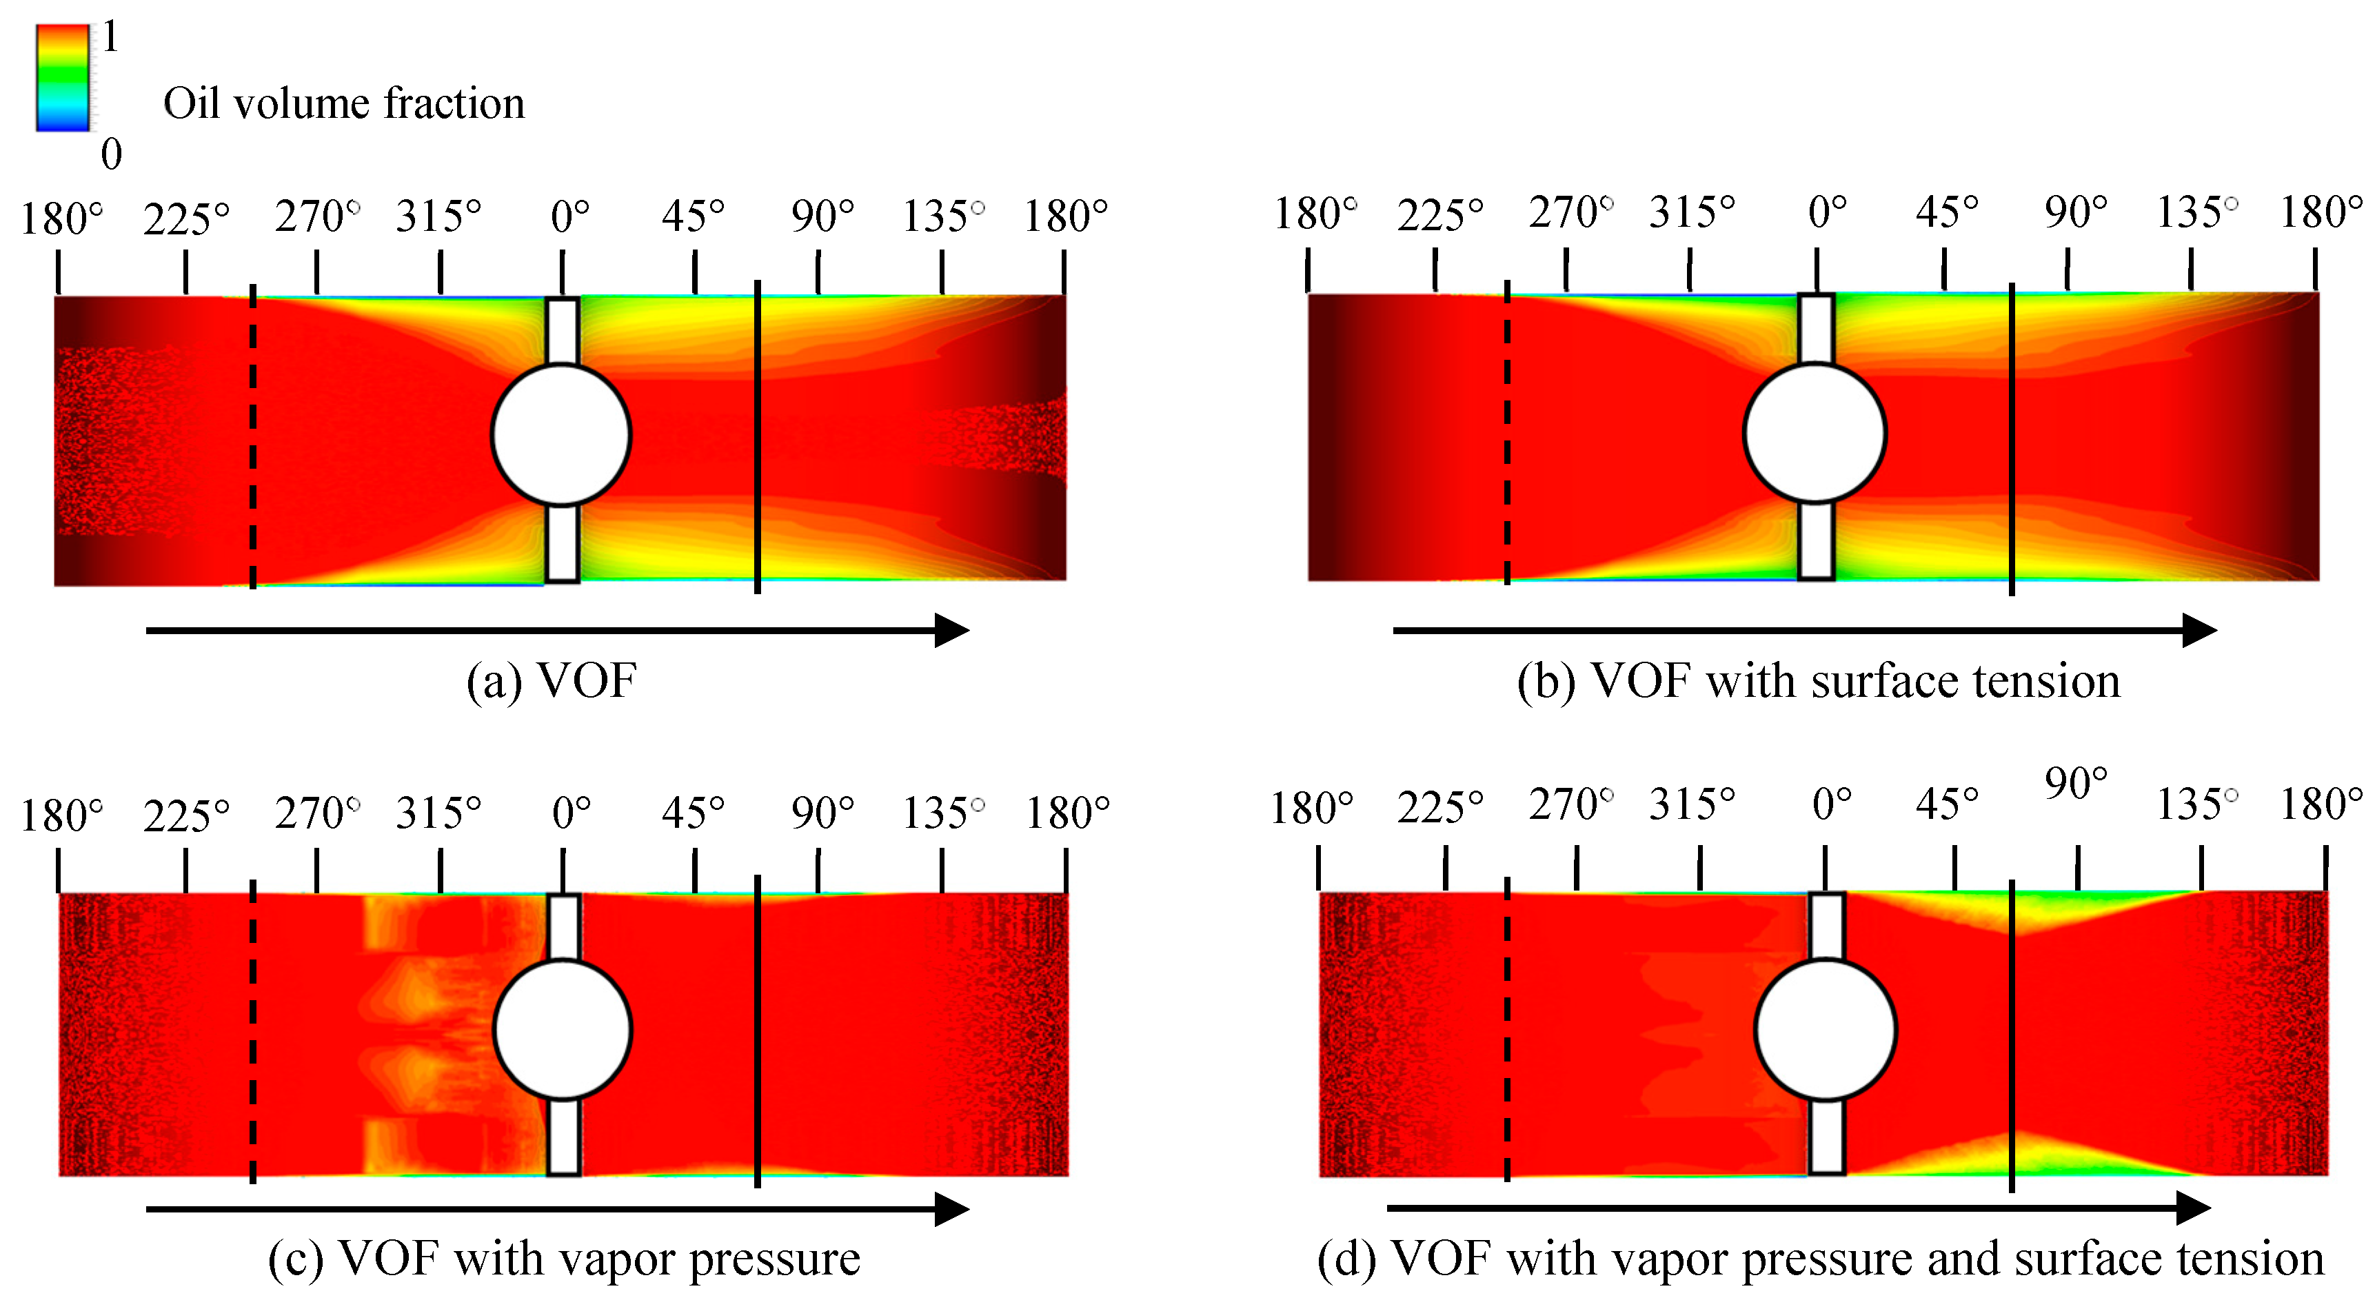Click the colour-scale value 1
(x=110, y=37)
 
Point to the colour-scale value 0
(x=110, y=154)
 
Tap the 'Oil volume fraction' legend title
(x=344, y=103)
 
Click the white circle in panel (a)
(x=560, y=434)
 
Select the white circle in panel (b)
(x=1815, y=432)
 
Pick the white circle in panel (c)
(x=563, y=1030)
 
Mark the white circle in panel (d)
(x=1826, y=1030)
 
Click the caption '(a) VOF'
(x=552, y=681)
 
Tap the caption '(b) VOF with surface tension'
(x=1818, y=681)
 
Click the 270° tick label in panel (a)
(x=316, y=216)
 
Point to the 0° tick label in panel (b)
(x=1826, y=212)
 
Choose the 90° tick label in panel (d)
(x=2075, y=784)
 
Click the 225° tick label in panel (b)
(x=1439, y=215)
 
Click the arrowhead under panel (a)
(x=951, y=631)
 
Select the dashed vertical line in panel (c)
(x=252, y=1030)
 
